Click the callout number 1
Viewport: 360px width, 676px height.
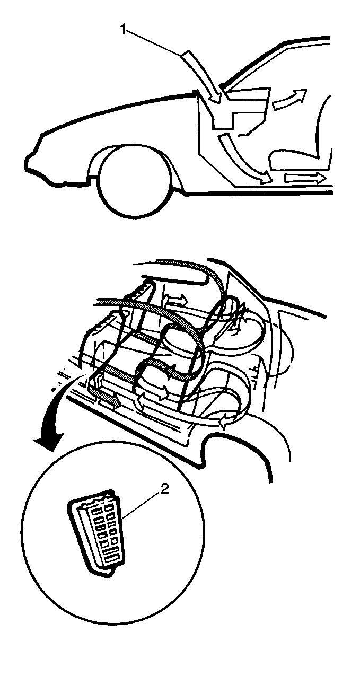123,31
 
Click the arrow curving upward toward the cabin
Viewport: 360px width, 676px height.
289,99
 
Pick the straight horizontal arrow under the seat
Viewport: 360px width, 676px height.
304,178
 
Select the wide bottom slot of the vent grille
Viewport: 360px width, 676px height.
112,555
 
